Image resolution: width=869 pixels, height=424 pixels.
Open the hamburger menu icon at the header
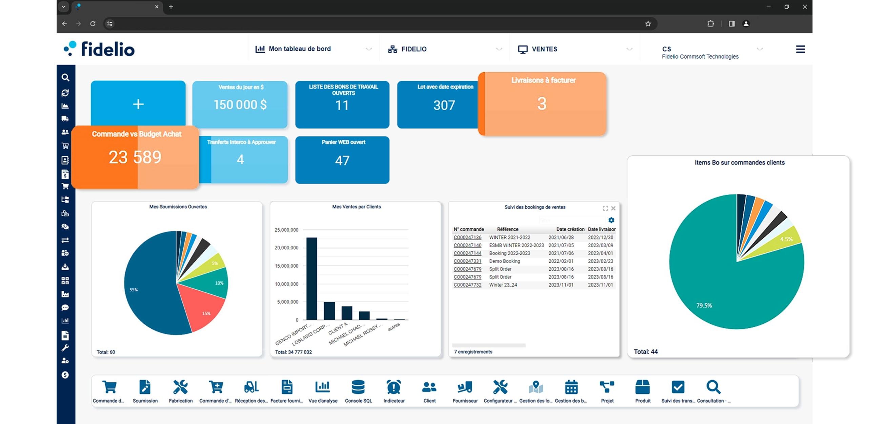tap(800, 50)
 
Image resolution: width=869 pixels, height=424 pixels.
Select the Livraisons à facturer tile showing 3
tap(542, 104)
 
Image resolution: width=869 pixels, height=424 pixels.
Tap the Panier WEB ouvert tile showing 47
tap(342, 160)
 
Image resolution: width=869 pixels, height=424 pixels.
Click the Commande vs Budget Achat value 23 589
tap(135, 157)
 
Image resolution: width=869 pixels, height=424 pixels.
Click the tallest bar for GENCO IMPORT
tap(311, 278)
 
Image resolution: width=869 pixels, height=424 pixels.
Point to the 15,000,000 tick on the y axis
tap(286, 266)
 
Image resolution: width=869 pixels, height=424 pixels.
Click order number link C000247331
tap(467, 261)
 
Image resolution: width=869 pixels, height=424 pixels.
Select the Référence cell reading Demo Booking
tap(504, 261)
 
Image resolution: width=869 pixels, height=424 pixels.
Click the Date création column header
tap(570, 229)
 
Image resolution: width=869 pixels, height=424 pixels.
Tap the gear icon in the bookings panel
tap(611, 220)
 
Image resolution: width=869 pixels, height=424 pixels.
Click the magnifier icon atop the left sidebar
tap(65, 78)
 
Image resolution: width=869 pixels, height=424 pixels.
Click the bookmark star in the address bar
tap(648, 24)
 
